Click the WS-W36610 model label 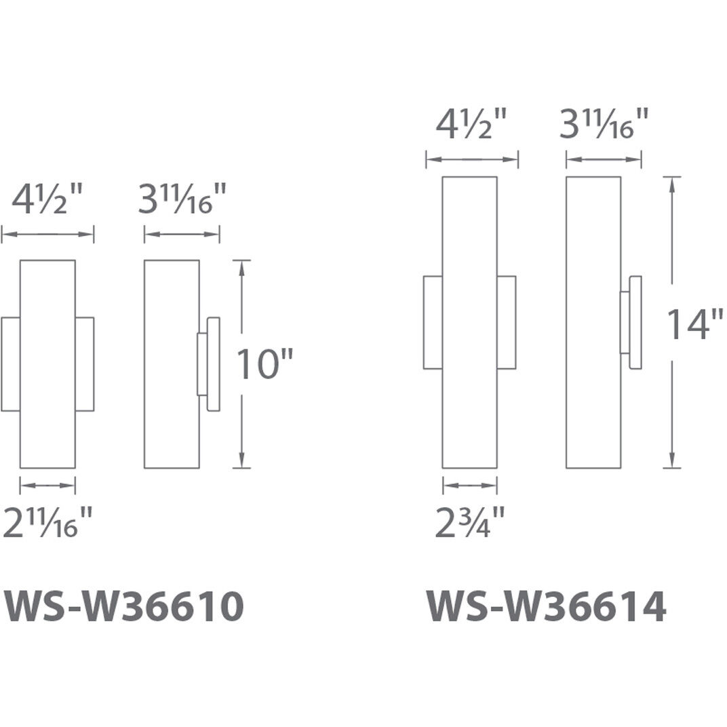(124, 606)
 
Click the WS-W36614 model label (546, 606)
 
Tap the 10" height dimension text (265, 363)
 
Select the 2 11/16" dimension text (47, 522)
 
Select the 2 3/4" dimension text (470, 522)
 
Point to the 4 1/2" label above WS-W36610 (47, 199)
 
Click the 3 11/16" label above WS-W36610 (182, 199)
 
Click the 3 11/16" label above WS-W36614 (604, 124)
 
